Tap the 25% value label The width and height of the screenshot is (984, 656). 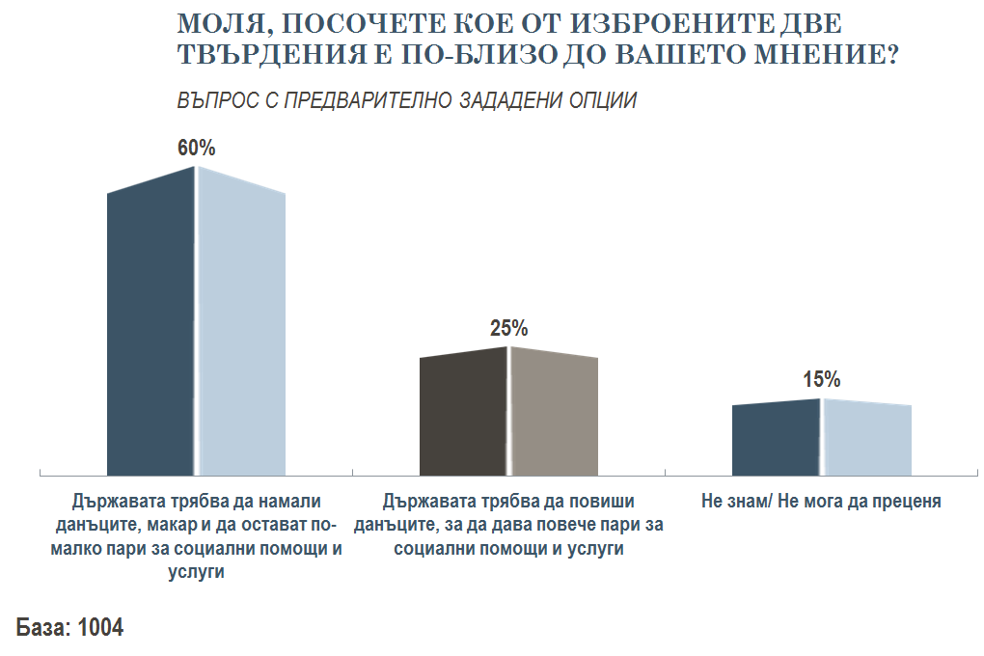pos(508,328)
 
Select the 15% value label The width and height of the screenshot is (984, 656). pos(821,379)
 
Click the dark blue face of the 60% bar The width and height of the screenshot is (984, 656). pos(150,328)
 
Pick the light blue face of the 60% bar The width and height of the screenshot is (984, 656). pos(241,328)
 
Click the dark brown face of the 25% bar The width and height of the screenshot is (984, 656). pos(463,415)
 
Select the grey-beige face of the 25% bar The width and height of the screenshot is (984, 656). pos(554,415)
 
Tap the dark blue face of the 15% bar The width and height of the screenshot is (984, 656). pos(776,439)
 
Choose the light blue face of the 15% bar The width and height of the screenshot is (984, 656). pos(866,439)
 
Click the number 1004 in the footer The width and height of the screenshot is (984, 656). pos(100,628)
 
